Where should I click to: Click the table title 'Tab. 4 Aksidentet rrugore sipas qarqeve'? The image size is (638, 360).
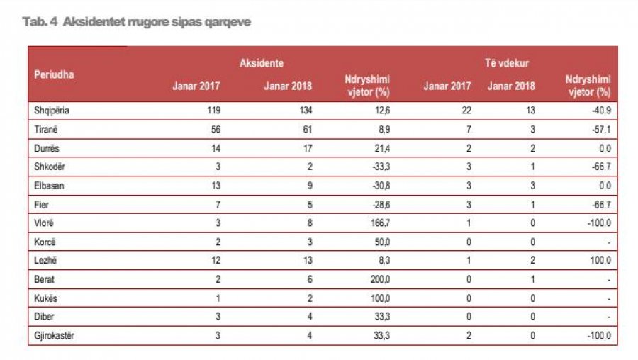(137, 22)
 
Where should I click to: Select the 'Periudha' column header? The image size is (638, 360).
(55, 74)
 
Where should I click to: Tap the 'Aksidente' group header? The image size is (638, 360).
(262, 63)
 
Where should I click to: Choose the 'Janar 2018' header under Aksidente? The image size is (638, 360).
(288, 86)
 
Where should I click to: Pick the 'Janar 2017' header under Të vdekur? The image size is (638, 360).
(447, 86)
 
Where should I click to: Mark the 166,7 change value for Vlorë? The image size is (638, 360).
(379, 223)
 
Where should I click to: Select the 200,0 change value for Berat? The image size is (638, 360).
(379, 279)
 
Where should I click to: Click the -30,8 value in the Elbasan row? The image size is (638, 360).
(379, 185)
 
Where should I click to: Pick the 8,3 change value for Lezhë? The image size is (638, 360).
(383, 260)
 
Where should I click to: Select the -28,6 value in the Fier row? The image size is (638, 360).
(379, 204)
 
